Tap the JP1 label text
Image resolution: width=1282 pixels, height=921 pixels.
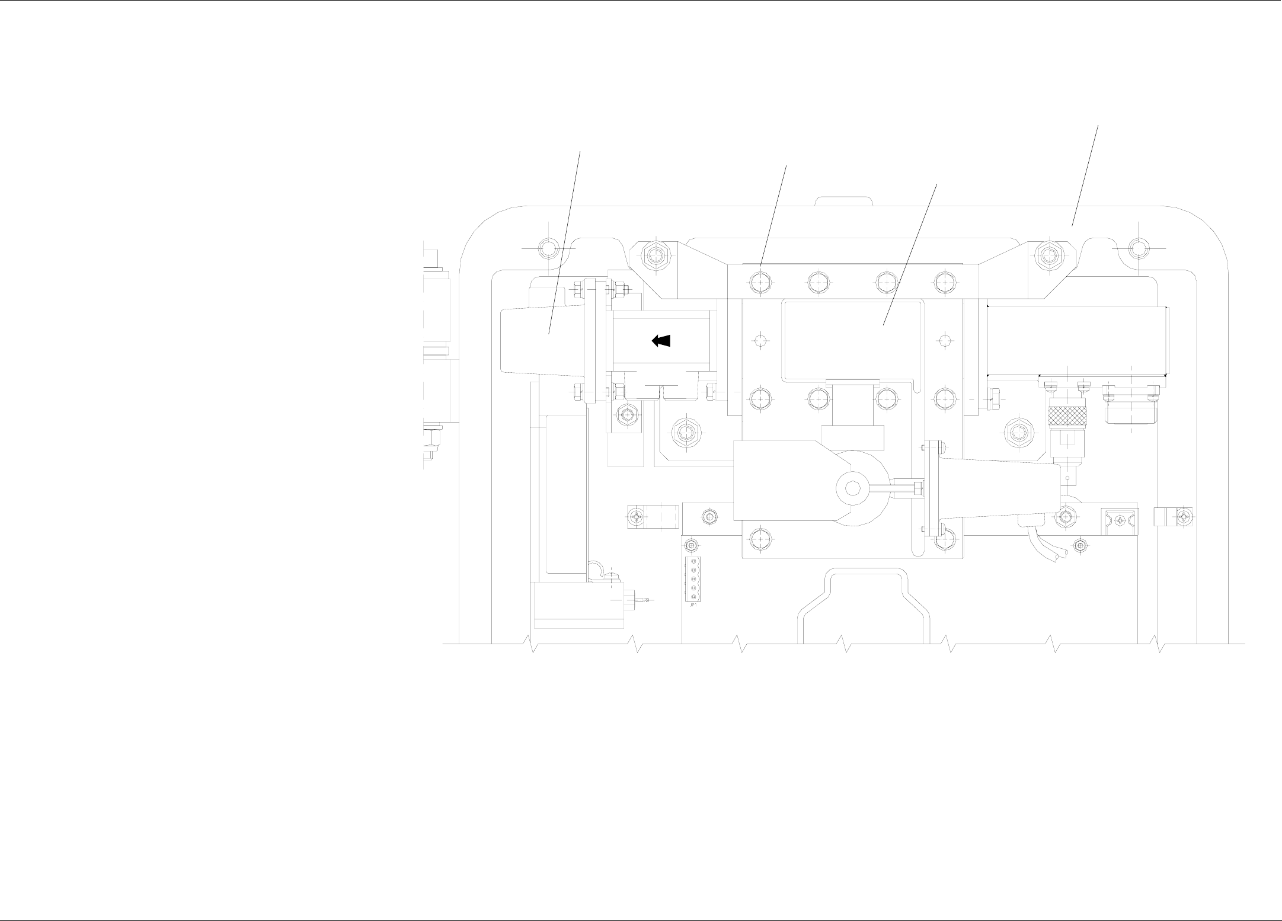pyautogui.click(x=692, y=605)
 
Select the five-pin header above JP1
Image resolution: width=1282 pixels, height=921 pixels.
pyautogui.click(x=692, y=578)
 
